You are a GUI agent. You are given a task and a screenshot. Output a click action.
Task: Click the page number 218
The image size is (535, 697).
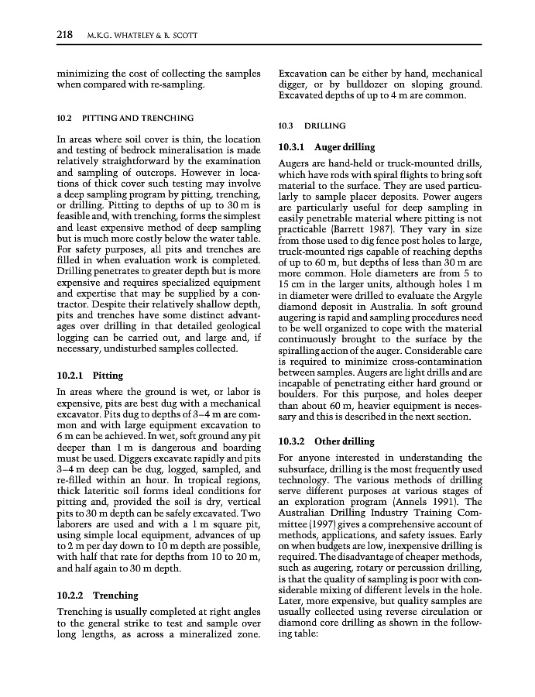tap(64, 34)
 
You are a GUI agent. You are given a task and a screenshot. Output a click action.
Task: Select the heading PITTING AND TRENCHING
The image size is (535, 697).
tap(138, 118)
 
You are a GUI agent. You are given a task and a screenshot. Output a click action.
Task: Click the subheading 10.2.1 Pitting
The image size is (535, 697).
tap(90, 376)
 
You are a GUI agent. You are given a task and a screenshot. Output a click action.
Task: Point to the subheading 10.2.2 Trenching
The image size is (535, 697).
tap(98, 596)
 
